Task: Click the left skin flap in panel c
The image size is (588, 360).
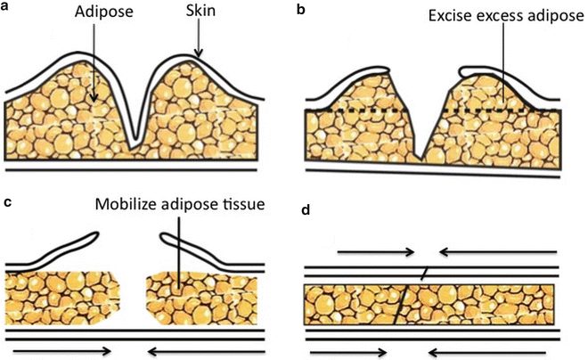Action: coord(62,250)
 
